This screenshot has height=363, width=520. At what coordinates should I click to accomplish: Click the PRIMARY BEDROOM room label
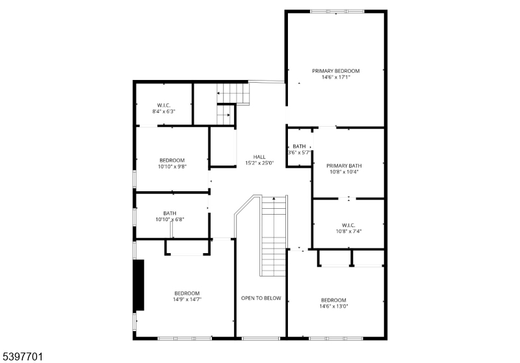click(335, 71)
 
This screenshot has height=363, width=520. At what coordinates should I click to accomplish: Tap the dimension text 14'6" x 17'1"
click(335, 77)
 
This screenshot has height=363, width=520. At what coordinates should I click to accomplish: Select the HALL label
click(259, 157)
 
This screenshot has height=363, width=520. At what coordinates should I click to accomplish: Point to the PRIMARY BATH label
click(344, 166)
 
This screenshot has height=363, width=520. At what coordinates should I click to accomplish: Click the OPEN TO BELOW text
click(261, 299)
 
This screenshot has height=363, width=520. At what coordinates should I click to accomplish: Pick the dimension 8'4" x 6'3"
click(164, 111)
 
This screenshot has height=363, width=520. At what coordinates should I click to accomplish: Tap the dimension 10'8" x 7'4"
click(348, 232)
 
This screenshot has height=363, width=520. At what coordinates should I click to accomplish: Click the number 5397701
click(23, 357)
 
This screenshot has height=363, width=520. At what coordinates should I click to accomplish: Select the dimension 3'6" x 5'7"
click(299, 153)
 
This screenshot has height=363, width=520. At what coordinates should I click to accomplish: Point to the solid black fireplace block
click(138, 285)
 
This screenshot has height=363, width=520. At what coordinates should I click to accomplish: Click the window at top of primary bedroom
click(337, 11)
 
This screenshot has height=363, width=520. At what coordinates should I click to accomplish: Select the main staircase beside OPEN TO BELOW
click(274, 236)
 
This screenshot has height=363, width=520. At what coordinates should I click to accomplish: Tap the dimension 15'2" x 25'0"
click(259, 163)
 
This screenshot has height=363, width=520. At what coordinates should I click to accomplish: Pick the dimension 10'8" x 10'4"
click(344, 172)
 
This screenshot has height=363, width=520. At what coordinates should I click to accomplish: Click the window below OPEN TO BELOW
click(261, 338)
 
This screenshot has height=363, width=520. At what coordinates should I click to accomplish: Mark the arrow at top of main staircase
click(274, 198)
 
